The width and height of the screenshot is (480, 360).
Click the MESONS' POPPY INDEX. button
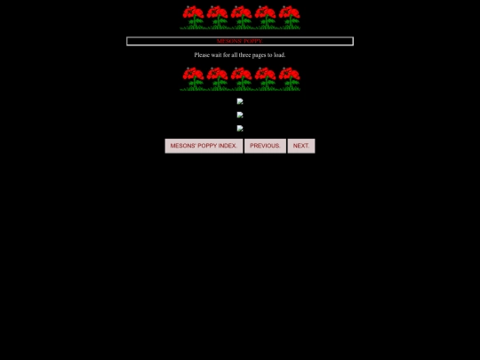pos(204,146)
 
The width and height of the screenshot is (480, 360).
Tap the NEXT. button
pos(301,146)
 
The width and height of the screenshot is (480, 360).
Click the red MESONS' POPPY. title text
pos(240,41)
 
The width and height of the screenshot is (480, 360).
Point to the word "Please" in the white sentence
pos(202,55)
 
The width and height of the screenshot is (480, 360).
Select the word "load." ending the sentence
pos(279,55)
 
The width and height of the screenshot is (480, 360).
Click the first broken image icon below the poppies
pos(240,101)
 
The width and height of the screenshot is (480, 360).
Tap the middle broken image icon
pos(240,115)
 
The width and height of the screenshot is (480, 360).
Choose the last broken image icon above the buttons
pos(240,128)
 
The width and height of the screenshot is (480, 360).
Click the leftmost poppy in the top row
pos(193,17)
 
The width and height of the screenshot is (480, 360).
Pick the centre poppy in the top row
pos(241,17)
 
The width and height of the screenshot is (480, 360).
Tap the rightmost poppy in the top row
pos(290,17)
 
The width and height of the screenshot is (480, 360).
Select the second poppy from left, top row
pos(218,17)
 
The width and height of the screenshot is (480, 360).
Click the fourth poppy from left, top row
pos(266,17)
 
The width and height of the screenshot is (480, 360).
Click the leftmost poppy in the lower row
pos(193,79)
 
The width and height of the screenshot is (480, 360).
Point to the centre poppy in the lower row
pos(241,79)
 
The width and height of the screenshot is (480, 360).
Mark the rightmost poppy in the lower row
pos(290,79)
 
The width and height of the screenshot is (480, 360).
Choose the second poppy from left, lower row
pos(218,79)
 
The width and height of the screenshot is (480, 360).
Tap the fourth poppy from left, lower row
pos(266,79)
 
